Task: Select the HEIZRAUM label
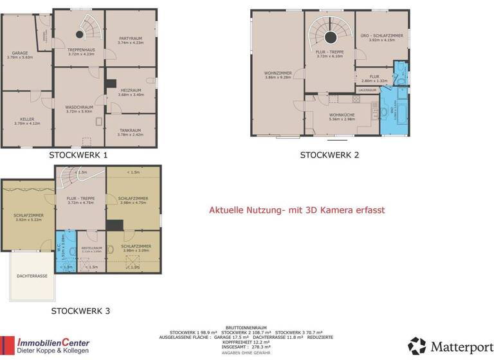(131, 92)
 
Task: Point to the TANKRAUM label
(131, 132)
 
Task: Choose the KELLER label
(28, 120)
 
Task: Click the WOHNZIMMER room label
(278, 75)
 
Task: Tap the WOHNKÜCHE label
(342, 116)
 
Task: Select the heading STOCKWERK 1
(78, 155)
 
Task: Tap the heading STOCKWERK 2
(329, 155)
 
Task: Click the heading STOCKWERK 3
(80, 311)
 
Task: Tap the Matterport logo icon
(417, 346)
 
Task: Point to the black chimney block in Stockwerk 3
(115, 224)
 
